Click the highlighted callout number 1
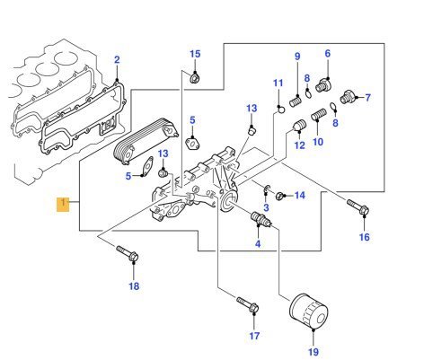pos(63,205)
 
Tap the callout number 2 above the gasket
pos(117,59)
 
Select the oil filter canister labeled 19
pos(308,312)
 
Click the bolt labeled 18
pos(128,254)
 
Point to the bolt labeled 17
pos(248,304)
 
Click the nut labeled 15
pos(195,78)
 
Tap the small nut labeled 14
pos(279,197)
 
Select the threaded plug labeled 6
pos(323,85)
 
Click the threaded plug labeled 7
pos(348,96)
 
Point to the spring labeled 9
pos(296,101)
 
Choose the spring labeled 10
pos(319,115)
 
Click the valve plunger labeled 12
pos(298,126)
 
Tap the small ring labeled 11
pos(281,110)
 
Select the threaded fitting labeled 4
pos(260,219)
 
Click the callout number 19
pos(314,352)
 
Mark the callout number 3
pos(266,207)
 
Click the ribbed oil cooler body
pos(146,140)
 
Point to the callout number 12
pos(299,145)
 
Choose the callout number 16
pos(365,237)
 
